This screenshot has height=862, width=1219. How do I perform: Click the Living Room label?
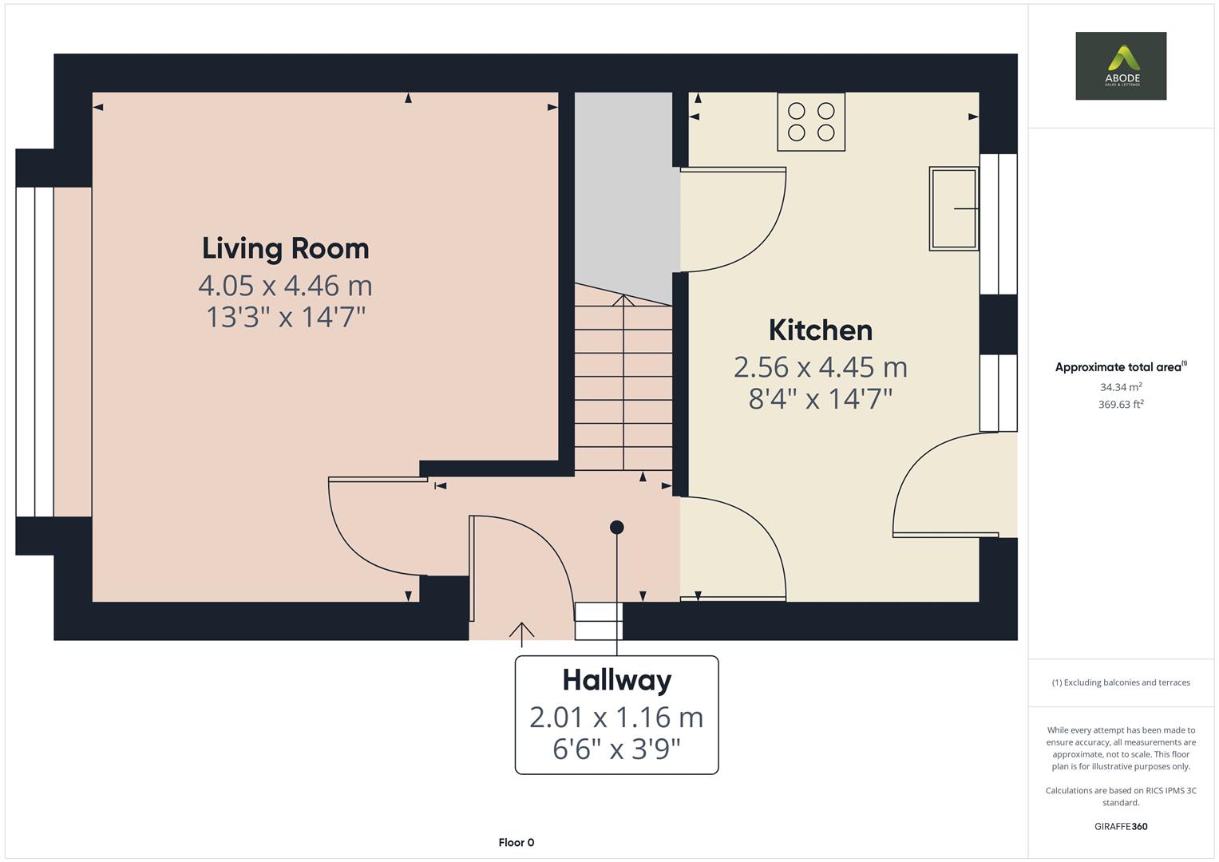[x=286, y=249]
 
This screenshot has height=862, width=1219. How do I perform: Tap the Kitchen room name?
[x=821, y=330]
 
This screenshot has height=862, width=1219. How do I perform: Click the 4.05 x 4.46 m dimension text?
[x=286, y=286]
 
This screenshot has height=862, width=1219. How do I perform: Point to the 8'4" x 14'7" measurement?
[x=821, y=399]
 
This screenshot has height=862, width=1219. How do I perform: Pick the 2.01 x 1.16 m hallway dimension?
[x=616, y=718]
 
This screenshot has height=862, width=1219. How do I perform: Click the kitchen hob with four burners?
[x=811, y=121]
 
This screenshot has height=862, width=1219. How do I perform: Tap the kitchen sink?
[x=954, y=208]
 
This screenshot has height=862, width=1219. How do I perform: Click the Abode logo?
[x=1121, y=65]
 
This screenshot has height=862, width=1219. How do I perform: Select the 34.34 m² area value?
[x=1121, y=387]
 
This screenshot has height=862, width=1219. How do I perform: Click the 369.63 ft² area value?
[x=1121, y=405]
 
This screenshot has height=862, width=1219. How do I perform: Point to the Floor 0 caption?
[x=516, y=842]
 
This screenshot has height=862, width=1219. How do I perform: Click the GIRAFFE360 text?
[x=1121, y=826]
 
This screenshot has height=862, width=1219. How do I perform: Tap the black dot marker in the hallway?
[x=616, y=527]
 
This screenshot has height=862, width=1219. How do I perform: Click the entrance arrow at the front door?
[x=521, y=635]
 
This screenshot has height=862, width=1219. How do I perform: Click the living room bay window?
[x=35, y=351]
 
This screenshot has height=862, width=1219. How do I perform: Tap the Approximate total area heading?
[x=1121, y=367]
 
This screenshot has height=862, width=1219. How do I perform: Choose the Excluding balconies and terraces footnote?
[x=1121, y=682]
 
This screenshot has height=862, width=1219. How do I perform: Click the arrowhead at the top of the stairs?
[x=623, y=299]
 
